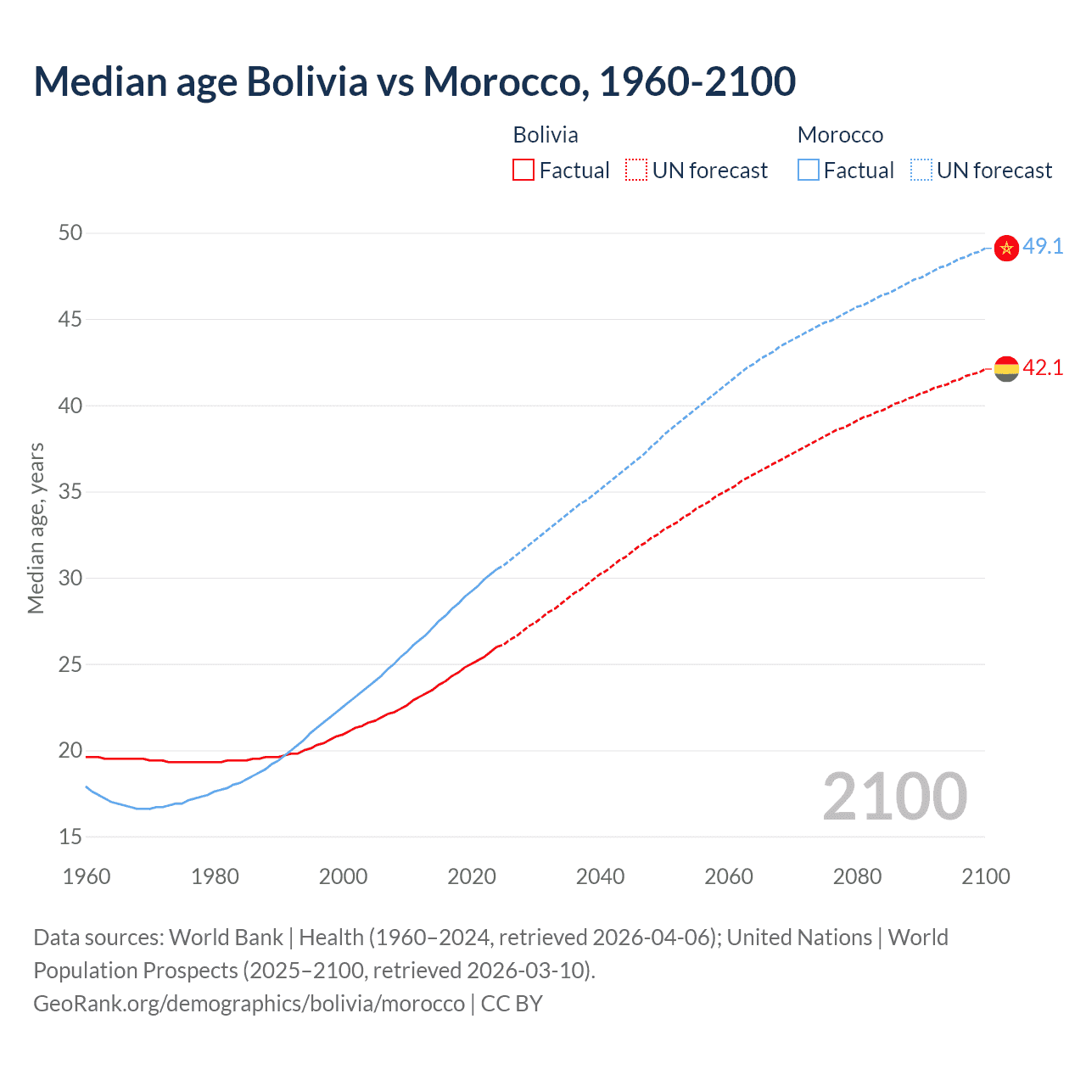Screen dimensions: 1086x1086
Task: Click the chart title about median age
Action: click(414, 81)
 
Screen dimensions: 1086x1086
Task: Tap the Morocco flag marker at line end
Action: click(1005, 248)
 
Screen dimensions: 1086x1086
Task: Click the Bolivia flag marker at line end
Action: click(1005, 369)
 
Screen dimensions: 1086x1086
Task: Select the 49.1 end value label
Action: click(1043, 247)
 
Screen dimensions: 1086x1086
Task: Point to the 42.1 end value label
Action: click(1043, 368)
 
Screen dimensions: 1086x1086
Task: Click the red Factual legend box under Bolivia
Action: click(523, 171)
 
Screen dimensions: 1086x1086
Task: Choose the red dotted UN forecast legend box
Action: click(636, 171)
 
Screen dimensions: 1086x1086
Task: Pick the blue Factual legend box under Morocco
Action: click(809, 171)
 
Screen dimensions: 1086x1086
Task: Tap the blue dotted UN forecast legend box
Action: click(921, 171)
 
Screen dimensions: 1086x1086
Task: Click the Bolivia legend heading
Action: click(546, 135)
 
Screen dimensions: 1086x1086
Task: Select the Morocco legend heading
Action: click(840, 135)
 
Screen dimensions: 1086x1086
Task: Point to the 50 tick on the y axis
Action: click(70, 232)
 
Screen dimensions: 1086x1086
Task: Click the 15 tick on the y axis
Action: click(70, 837)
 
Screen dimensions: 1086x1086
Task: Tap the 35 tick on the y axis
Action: click(70, 492)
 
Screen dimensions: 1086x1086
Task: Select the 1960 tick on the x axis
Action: click(87, 876)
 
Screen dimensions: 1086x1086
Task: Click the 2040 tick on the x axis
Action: click(600, 876)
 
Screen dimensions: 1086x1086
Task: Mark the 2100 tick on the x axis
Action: click(985, 876)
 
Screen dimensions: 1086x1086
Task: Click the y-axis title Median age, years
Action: click(36, 528)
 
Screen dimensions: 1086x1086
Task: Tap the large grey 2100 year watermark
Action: click(894, 796)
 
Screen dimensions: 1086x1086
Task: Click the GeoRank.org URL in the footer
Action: click(249, 1004)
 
